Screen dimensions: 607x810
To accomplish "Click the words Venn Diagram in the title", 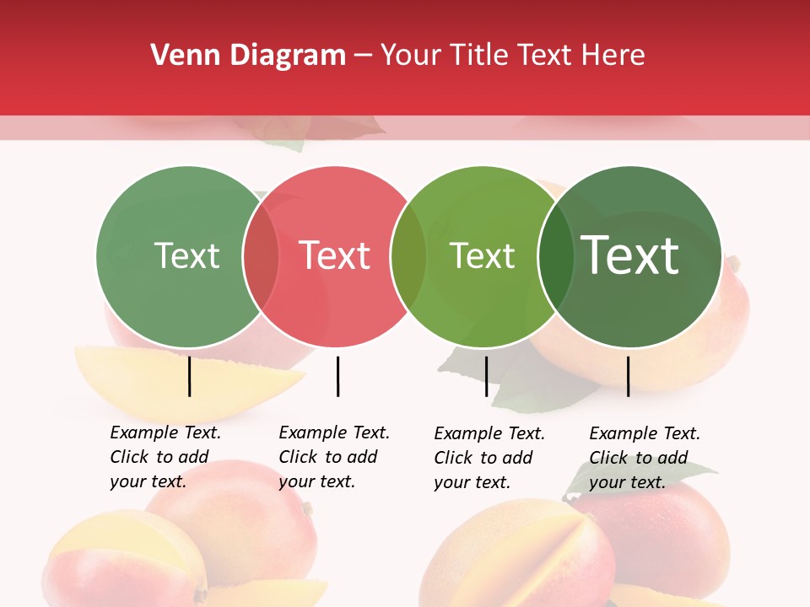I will pos(248,56).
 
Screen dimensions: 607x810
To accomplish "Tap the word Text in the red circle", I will pos(335,255).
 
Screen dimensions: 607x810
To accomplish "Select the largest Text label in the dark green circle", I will pos(630,255).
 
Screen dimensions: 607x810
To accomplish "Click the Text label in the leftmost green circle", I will pos(186,255).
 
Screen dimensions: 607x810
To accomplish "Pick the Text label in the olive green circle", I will pos(483,255).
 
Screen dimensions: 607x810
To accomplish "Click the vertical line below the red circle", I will pos(337,376).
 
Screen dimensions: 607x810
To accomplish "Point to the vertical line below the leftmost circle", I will pos(189,376).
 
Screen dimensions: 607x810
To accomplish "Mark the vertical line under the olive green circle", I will pos(486,376).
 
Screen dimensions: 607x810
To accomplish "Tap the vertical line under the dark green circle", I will pos(628,376).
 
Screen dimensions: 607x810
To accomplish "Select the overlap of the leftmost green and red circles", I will pos(261,256).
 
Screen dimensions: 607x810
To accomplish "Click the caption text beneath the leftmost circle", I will pos(165,457).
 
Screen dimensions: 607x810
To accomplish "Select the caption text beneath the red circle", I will pos(333,457).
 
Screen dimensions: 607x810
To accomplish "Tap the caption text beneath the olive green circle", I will pos(489,458).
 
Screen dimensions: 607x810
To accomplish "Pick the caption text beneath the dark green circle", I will pos(644,458).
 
